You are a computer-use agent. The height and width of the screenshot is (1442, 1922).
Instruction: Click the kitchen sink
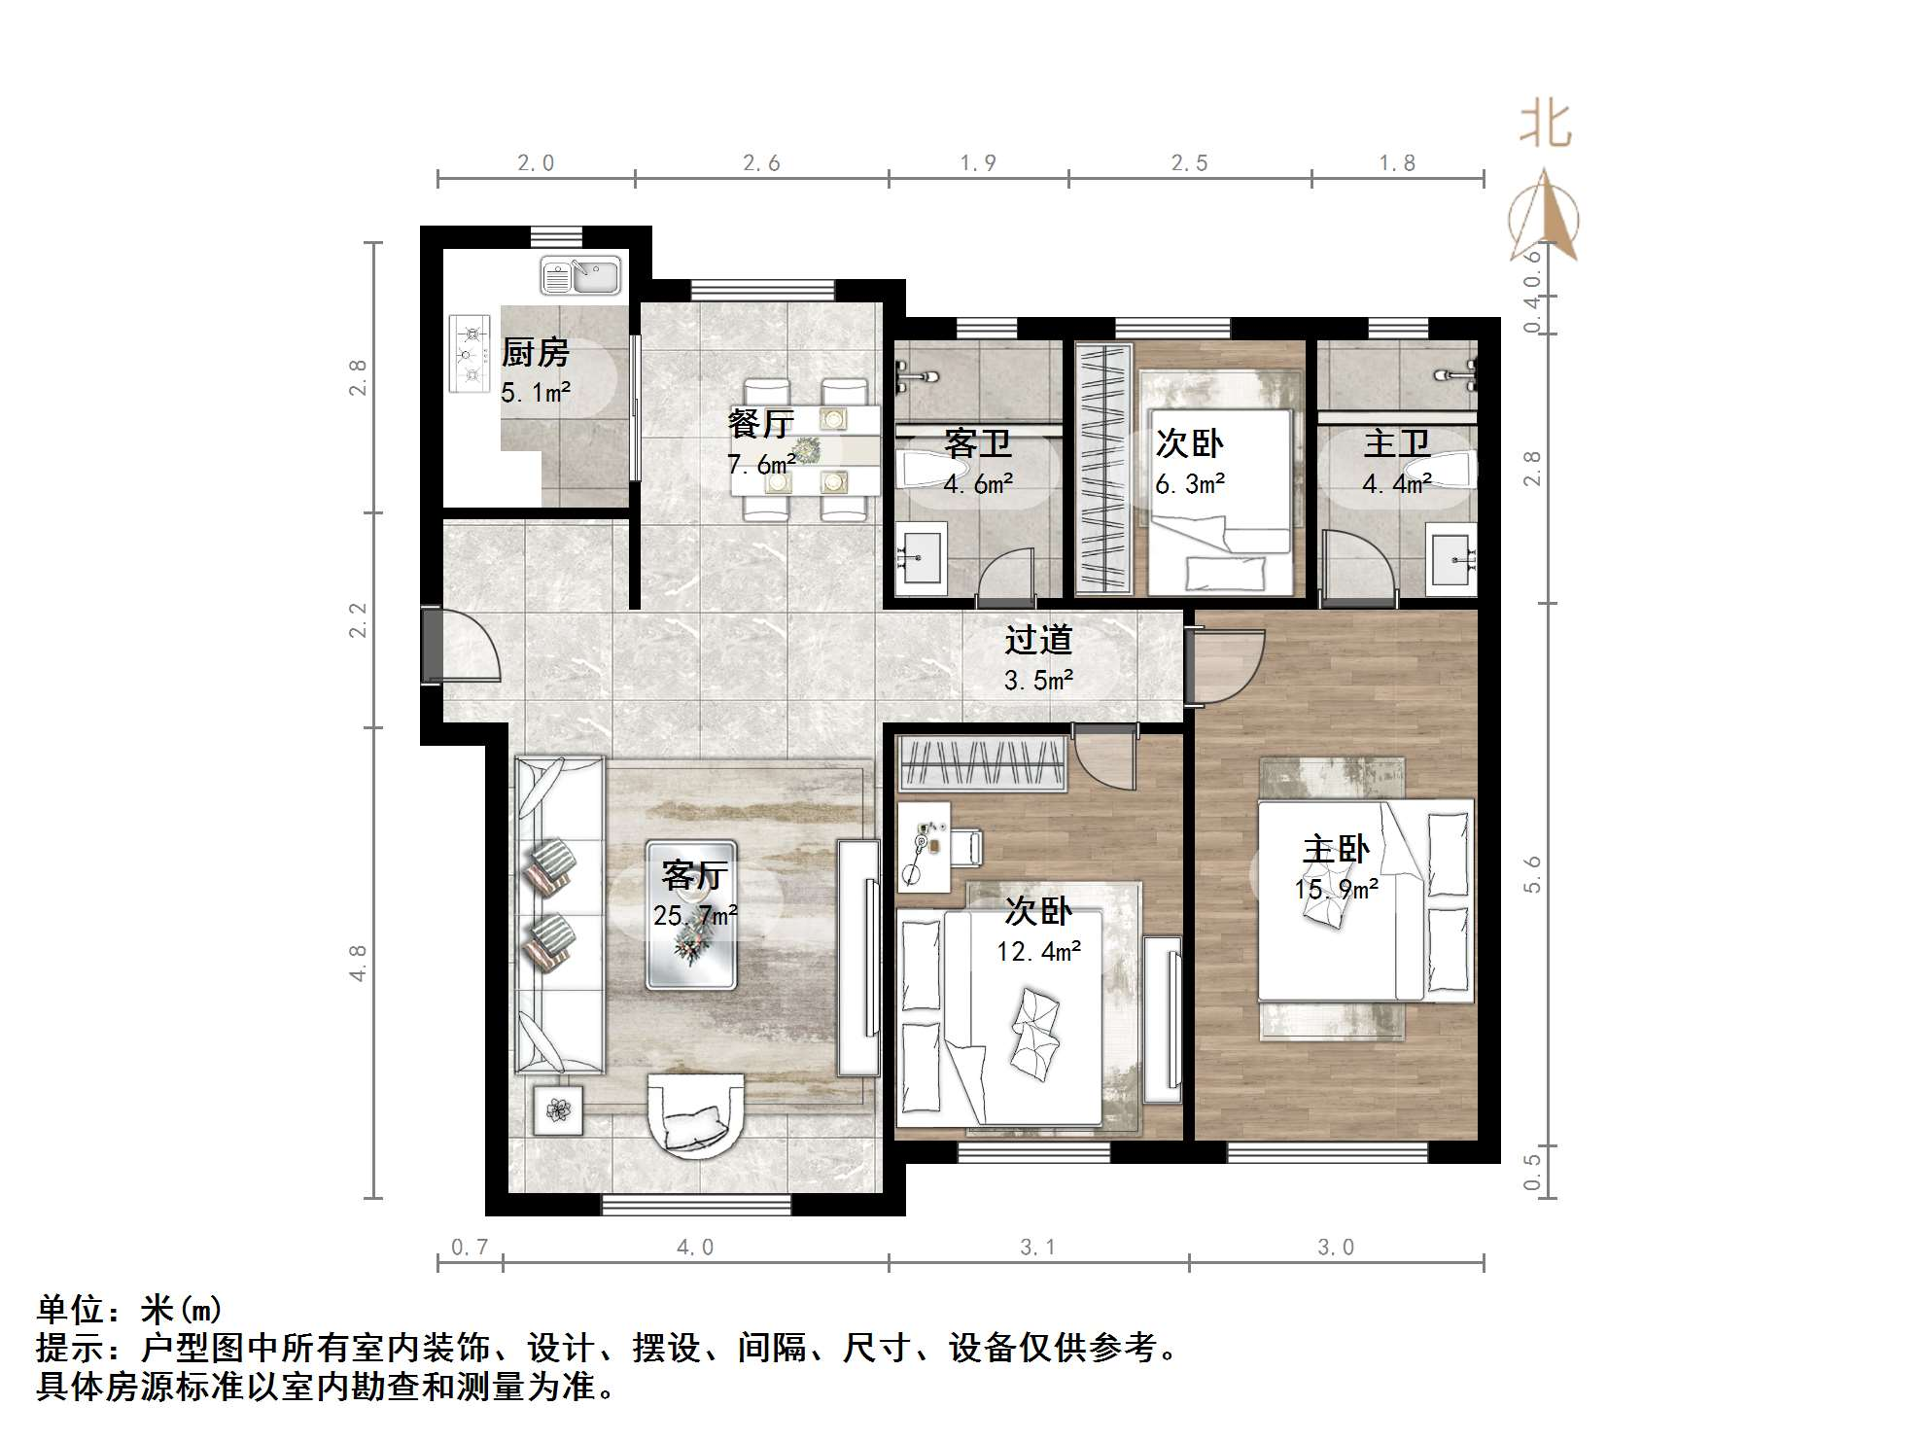(x=580, y=275)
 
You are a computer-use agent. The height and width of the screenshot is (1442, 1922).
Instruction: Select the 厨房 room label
(x=535, y=353)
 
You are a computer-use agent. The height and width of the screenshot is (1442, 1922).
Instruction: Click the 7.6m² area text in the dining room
(x=760, y=465)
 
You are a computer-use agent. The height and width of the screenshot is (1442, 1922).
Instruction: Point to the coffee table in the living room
(x=691, y=915)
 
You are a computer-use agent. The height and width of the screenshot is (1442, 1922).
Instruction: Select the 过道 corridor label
(x=1038, y=640)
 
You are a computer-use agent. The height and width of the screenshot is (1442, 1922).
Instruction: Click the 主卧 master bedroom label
(x=1336, y=849)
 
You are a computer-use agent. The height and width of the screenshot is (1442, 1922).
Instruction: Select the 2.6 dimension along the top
(x=761, y=163)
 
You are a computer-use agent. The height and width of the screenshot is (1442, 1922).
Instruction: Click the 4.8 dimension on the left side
(x=358, y=963)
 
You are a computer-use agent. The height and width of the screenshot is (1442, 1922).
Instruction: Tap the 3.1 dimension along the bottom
(x=1037, y=1248)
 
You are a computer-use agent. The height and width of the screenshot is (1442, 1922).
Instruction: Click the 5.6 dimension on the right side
(x=1532, y=875)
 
